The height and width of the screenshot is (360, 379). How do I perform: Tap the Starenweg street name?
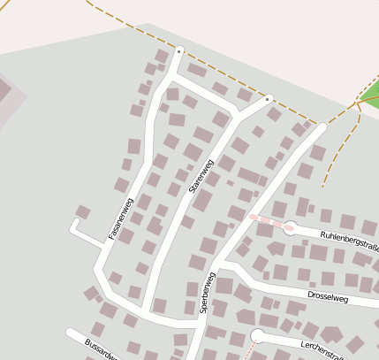click(202, 176)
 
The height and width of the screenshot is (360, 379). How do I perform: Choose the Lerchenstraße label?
click(322, 348)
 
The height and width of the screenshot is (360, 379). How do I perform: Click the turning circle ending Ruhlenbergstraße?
click(290, 228)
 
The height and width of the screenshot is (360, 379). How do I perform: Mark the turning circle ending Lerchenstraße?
click(258, 335)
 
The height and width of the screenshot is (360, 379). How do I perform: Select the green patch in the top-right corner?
click(370, 92)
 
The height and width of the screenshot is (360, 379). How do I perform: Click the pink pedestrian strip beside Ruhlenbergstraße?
click(270, 221)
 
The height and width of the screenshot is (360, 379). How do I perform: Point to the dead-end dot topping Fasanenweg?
click(179, 50)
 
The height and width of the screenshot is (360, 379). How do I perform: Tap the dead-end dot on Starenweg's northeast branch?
click(268, 99)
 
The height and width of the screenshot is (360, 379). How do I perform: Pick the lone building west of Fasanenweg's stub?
click(82, 211)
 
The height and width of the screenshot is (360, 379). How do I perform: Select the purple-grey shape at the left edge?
click(7, 94)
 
